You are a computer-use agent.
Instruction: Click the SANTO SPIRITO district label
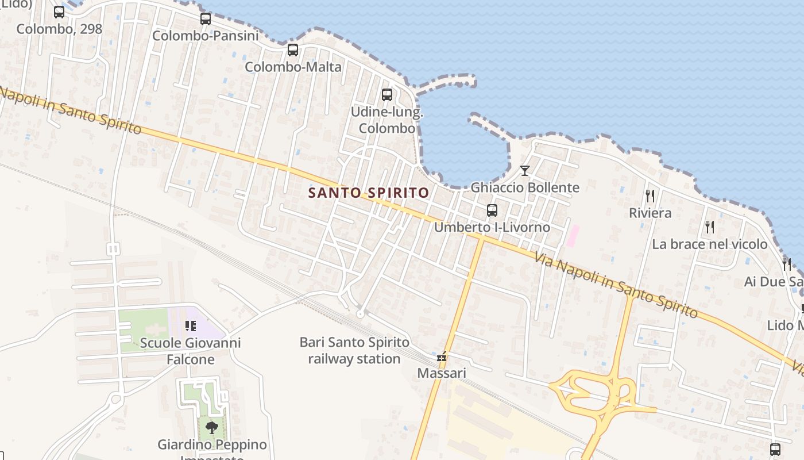(x=369, y=193)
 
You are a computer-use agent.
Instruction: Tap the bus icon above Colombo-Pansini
(x=206, y=19)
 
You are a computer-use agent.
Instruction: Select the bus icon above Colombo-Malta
(x=293, y=50)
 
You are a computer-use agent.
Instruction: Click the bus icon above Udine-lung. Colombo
(x=387, y=95)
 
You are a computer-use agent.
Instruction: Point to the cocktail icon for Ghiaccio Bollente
(x=524, y=170)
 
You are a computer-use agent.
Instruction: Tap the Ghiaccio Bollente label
(x=525, y=187)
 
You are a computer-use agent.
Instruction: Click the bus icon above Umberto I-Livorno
(x=492, y=210)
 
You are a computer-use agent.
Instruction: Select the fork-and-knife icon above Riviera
(x=650, y=196)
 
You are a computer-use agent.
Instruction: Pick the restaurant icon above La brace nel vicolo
(x=710, y=227)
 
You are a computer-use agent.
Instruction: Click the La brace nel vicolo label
(x=709, y=244)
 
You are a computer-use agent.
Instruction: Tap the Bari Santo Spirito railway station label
(x=354, y=351)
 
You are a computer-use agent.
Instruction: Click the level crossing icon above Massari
(x=442, y=357)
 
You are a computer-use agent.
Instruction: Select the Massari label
(x=442, y=373)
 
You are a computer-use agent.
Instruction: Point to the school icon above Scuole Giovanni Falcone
(x=191, y=327)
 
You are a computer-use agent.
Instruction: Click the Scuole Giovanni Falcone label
(x=191, y=351)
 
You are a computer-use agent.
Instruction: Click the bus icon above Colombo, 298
(x=59, y=12)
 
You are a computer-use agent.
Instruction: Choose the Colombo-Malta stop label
(x=293, y=67)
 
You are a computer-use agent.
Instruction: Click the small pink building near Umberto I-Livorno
(x=573, y=236)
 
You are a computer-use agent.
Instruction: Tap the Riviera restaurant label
(x=650, y=213)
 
